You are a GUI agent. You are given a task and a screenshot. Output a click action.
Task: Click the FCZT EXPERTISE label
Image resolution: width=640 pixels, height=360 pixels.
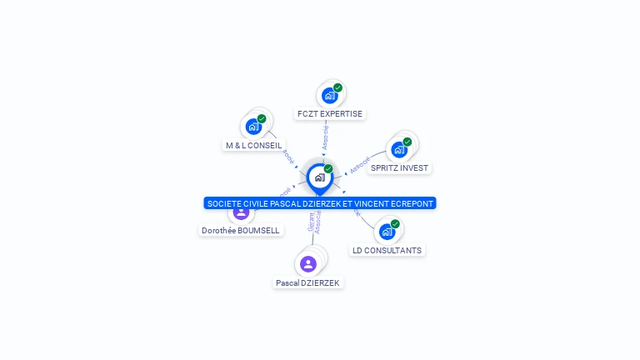pos(330,113)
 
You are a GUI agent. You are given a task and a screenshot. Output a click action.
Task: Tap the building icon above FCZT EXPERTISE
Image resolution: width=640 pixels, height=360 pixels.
pos(330,96)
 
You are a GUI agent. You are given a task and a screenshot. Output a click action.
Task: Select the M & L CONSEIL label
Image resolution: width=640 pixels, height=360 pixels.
pos(253,145)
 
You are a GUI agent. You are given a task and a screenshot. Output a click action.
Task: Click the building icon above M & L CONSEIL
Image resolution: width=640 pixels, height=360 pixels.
pos(253,127)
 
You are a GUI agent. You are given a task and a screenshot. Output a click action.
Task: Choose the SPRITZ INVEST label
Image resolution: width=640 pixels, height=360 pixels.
pos(399,167)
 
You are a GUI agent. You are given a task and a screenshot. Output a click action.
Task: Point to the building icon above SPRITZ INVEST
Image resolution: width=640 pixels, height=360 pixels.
pos(399,149)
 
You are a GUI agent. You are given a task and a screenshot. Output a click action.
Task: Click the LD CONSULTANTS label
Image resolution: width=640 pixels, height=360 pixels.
pos(387,250)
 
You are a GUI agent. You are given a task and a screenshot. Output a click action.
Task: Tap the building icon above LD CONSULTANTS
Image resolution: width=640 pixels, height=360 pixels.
pos(387,232)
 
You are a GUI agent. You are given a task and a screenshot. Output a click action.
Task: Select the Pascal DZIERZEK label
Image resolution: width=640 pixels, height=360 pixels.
pos(308,283)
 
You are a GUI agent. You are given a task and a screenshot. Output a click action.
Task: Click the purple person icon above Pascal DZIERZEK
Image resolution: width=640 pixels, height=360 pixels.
pos(308,264)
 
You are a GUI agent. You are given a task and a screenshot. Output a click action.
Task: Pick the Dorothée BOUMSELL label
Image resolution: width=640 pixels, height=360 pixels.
pos(241,230)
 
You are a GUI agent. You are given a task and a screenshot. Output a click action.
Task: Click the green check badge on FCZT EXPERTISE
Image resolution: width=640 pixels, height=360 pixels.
pos(337,87)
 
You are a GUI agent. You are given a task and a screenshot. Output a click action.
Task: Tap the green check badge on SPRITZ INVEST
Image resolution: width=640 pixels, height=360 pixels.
pos(407,142)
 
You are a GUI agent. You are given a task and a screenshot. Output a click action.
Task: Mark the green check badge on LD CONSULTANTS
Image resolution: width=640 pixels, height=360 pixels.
pos(395,224)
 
